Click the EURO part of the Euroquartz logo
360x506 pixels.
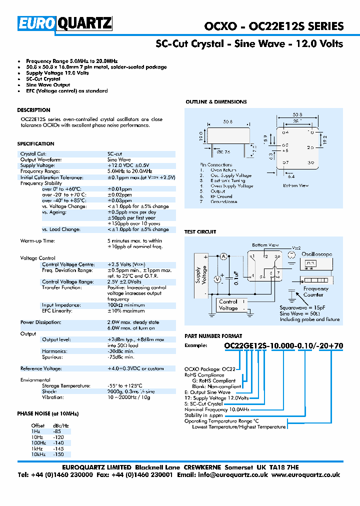pos(38,23)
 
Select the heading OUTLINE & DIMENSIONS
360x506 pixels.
pos(216,102)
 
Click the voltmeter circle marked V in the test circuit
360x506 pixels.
pos(217,279)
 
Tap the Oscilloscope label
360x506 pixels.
pos(316,254)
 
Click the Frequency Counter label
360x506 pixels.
pos(316,291)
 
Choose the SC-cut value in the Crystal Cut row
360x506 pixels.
pos(115,154)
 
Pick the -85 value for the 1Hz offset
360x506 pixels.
pos(56,430)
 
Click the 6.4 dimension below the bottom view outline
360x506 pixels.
pos(291,176)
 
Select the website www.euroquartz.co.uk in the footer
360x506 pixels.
pos(306,475)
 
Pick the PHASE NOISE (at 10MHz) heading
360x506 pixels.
pos(48,414)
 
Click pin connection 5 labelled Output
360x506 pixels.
pos(217,191)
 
